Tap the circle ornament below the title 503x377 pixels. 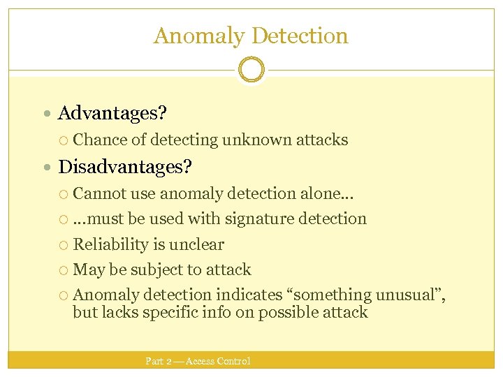pyautogui.click(x=251, y=70)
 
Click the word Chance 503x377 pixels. pyautogui.click(x=100, y=140)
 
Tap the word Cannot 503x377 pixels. pyautogui.click(x=100, y=193)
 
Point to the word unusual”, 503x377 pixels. pyautogui.click(x=411, y=295)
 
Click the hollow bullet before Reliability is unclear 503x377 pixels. pyautogui.click(x=64, y=245)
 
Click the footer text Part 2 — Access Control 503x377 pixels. pyautogui.click(x=198, y=361)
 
